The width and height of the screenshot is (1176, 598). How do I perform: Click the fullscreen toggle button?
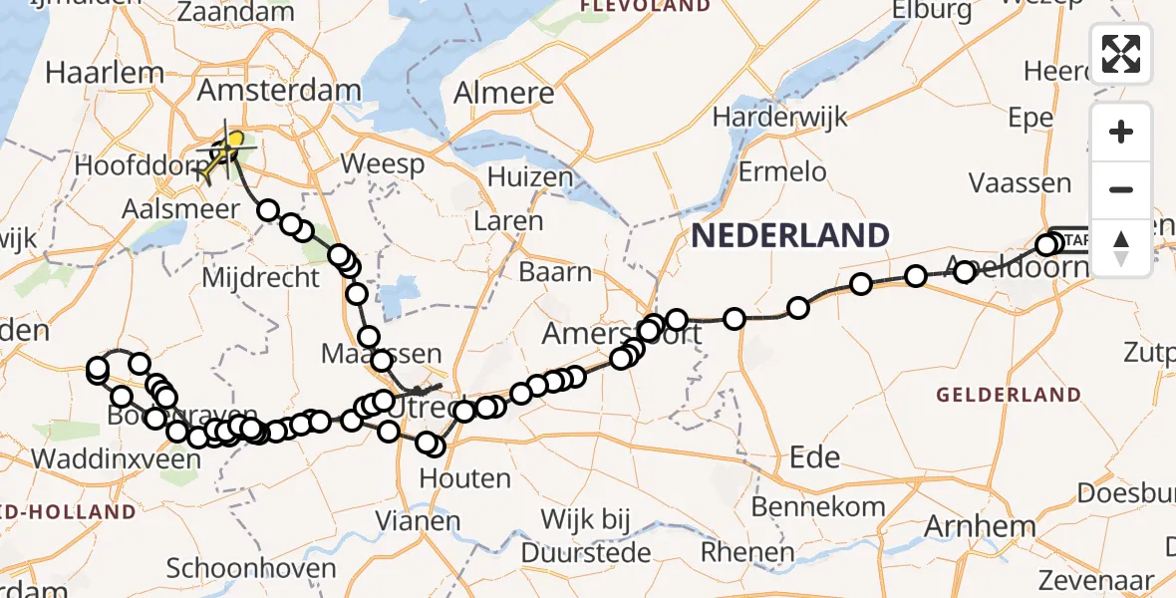(1121, 54)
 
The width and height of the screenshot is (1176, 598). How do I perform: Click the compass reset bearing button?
(1121, 248)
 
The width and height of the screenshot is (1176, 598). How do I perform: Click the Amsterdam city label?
(279, 92)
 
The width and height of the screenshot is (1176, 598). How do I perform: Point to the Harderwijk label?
(779, 117)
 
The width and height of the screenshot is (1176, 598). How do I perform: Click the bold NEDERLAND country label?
(790, 236)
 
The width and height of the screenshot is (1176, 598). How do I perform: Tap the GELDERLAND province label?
(1008, 395)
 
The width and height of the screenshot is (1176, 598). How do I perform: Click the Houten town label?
(464, 479)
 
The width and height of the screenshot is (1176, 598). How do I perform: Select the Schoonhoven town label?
(251, 569)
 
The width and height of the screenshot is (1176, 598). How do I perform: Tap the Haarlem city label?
(104, 73)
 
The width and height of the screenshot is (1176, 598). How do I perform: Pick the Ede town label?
(813, 457)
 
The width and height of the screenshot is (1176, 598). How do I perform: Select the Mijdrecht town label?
(260, 277)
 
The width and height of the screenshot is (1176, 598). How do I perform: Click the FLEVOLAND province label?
(646, 6)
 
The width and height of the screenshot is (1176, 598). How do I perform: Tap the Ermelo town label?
(782, 171)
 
